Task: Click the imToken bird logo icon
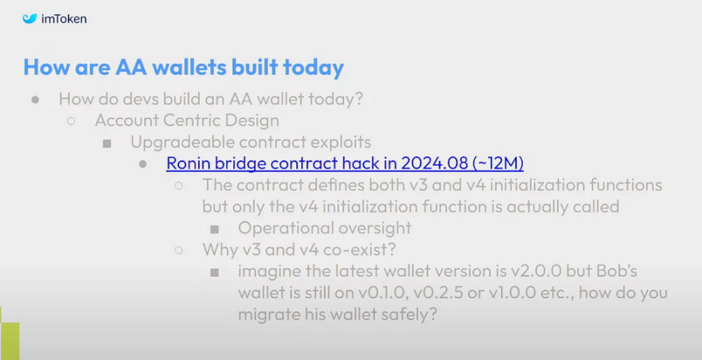click(30, 19)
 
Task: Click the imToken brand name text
click(63, 19)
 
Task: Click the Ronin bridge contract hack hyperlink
click(345, 163)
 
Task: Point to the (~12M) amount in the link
click(498, 163)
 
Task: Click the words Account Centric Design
click(187, 120)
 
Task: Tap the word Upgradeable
click(187, 142)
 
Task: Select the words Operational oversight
click(324, 228)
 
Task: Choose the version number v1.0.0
click(512, 293)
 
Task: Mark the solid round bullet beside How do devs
click(35, 100)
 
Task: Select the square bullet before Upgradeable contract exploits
click(107, 143)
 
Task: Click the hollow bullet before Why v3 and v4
click(179, 250)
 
